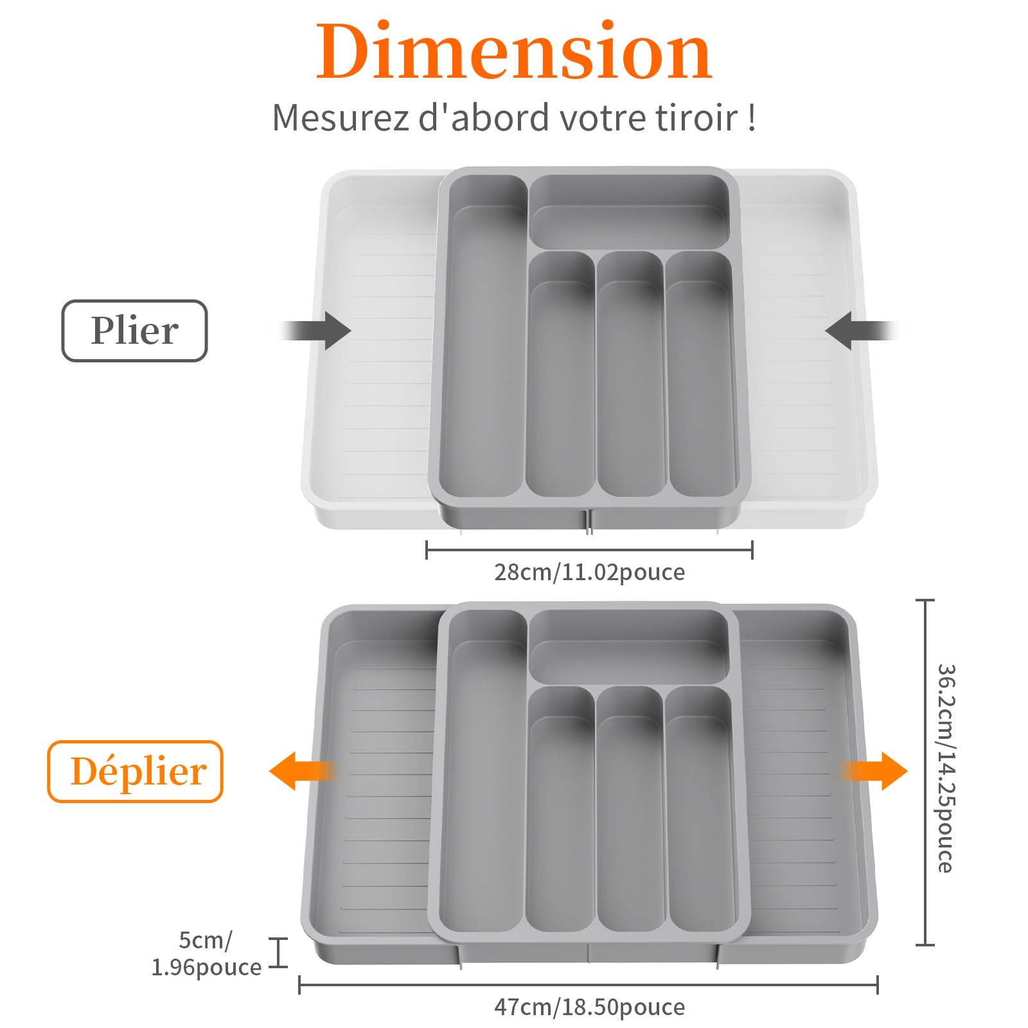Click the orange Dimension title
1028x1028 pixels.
[x=514, y=51]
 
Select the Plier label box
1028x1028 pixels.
[x=134, y=331]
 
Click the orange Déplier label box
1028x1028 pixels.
[x=135, y=771]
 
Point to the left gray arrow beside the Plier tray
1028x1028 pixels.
[x=318, y=331]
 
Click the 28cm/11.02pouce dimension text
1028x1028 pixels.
[x=589, y=572]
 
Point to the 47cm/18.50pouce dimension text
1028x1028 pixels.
[x=589, y=1007]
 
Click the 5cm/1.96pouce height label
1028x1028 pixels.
[x=206, y=953]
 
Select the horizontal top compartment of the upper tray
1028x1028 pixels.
[x=630, y=212]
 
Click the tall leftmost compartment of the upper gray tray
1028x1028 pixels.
[x=485, y=341]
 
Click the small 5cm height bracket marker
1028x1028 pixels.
[x=278, y=952]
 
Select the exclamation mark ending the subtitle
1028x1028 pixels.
[x=752, y=118]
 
